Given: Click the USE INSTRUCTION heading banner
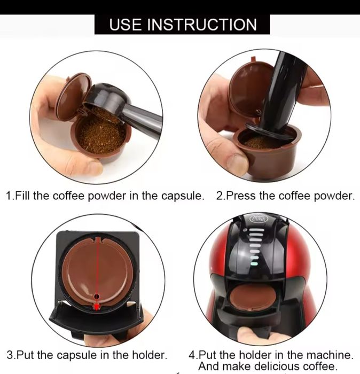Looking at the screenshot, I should click(182, 24).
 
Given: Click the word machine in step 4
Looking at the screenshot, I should click(332, 354).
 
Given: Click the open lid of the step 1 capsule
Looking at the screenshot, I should click(73, 96).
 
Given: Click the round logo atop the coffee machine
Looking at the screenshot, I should click(259, 219).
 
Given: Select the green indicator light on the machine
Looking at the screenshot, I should click(255, 263).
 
